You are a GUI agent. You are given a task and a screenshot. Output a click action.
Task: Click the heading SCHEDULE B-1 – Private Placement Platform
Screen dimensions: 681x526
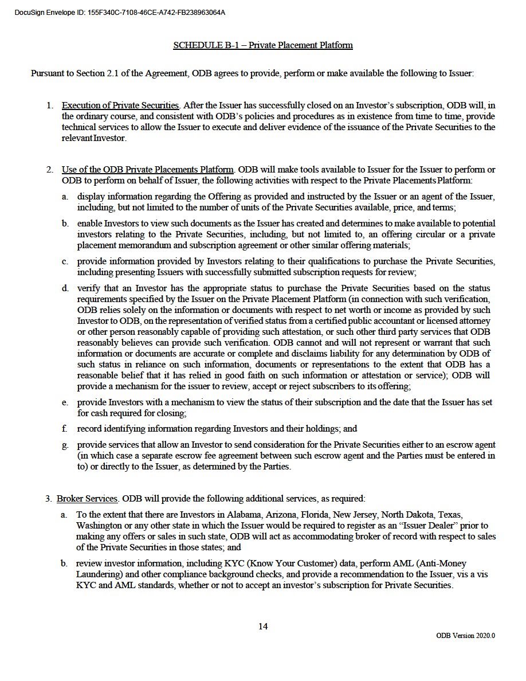click(263, 45)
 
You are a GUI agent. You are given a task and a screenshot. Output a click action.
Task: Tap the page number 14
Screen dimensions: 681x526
click(263, 626)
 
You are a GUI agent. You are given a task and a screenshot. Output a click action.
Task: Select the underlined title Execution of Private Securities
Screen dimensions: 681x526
click(120, 105)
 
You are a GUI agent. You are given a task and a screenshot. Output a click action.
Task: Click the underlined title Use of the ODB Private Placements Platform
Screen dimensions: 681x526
click(148, 170)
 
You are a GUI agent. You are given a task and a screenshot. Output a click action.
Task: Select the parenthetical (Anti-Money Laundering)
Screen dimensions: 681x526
click(434, 564)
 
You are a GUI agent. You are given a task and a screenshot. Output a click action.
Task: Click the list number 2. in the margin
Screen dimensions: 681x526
click(50, 170)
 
